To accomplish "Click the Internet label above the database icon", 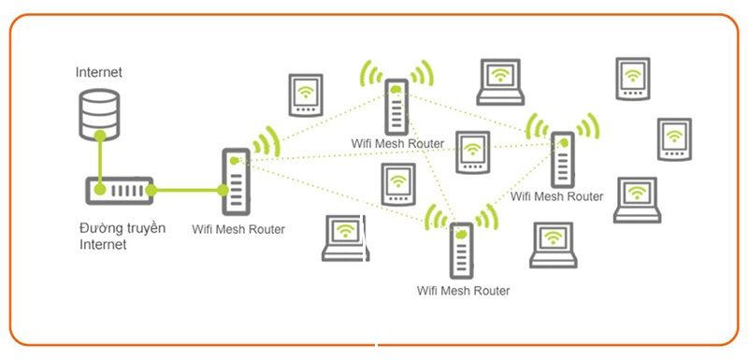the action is click(99, 73).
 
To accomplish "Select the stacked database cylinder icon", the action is click(99, 115).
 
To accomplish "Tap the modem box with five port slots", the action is click(120, 191).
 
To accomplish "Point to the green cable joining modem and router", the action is click(186, 190).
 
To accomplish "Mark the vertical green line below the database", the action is click(100, 163).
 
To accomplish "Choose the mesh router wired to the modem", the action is click(236, 181).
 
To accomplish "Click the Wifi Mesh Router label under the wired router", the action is click(238, 229).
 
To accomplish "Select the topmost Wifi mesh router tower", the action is click(396, 107).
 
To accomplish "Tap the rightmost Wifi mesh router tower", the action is click(563, 160).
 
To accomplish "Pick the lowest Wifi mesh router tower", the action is click(461, 251).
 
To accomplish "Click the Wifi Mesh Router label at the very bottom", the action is click(463, 291).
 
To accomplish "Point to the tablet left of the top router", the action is click(306, 95).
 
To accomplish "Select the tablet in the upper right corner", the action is click(633, 79).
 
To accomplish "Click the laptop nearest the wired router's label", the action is click(345, 238).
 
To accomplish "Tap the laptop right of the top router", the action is click(500, 82).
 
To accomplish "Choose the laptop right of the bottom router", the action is click(554, 245).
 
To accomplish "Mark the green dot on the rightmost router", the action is click(565, 142).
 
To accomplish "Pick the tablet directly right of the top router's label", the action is click(473, 152).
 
